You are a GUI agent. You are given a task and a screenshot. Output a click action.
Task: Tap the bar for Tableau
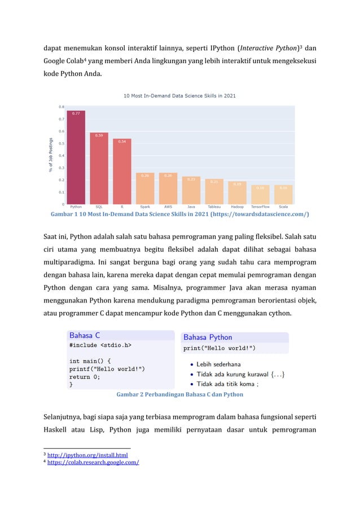(214, 191)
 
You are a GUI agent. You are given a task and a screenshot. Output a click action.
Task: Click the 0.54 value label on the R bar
(122, 142)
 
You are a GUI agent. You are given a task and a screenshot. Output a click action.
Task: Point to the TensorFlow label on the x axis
(260, 207)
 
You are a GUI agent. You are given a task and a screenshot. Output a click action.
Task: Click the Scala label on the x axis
(283, 207)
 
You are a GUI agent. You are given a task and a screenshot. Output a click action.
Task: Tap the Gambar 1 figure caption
(179, 215)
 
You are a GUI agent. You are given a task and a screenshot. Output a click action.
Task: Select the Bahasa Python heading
(208, 337)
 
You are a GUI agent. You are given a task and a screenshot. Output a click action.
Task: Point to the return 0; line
(85, 377)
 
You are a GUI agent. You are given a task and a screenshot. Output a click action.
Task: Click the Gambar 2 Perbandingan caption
(179, 394)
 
